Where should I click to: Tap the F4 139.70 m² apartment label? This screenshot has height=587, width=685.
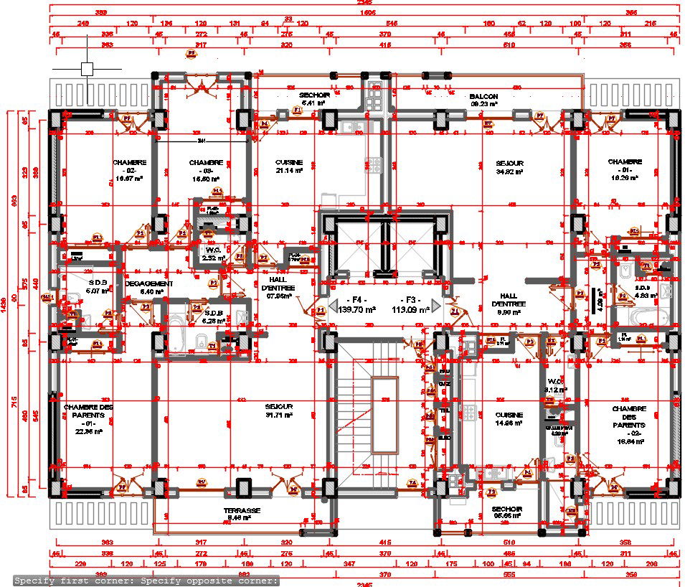(356, 305)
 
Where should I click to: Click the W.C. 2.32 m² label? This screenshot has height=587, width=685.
(213, 254)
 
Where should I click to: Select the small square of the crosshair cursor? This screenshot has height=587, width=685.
(87, 69)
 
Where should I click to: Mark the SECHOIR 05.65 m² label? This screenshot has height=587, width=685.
(506, 512)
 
